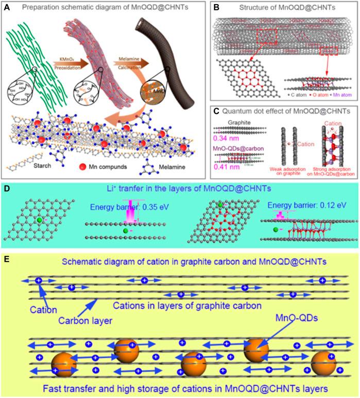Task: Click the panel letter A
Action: [x=8, y=8]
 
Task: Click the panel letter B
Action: [x=217, y=8]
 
